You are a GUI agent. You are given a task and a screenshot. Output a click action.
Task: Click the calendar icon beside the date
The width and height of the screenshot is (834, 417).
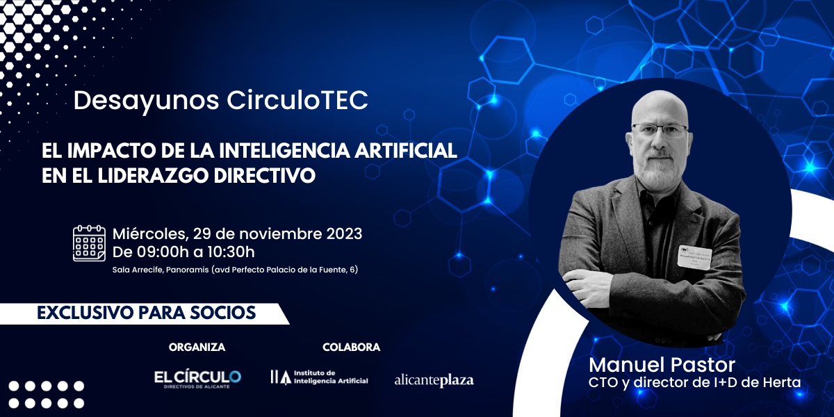[x=89, y=243]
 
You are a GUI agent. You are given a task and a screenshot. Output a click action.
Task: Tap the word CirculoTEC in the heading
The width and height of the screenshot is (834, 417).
[x=297, y=100]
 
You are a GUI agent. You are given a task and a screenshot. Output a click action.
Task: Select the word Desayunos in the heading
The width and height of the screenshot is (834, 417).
[x=147, y=101]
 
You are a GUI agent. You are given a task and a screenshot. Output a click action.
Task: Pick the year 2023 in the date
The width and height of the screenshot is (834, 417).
[x=345, y=234]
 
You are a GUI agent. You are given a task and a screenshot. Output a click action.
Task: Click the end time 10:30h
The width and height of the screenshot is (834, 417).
[x=231, y=252]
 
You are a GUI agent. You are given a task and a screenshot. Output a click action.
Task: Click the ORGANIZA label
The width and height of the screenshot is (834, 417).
[x=197, y=347]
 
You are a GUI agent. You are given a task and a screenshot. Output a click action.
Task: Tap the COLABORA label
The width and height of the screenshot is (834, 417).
[x=351, y=347]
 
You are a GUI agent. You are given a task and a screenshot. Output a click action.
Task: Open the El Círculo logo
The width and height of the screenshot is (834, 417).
[x=197, y=379]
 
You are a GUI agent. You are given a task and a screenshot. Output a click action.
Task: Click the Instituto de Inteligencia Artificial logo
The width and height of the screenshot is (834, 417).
[x=320, y=377]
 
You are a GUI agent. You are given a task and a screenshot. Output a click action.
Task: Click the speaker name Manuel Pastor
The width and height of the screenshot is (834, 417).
[x=662, y=364]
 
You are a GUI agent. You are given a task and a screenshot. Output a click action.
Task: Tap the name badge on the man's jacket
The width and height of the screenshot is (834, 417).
[x=695, y=256]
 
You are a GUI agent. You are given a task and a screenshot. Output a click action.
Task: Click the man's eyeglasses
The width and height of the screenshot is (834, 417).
[x=660, y=131]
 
